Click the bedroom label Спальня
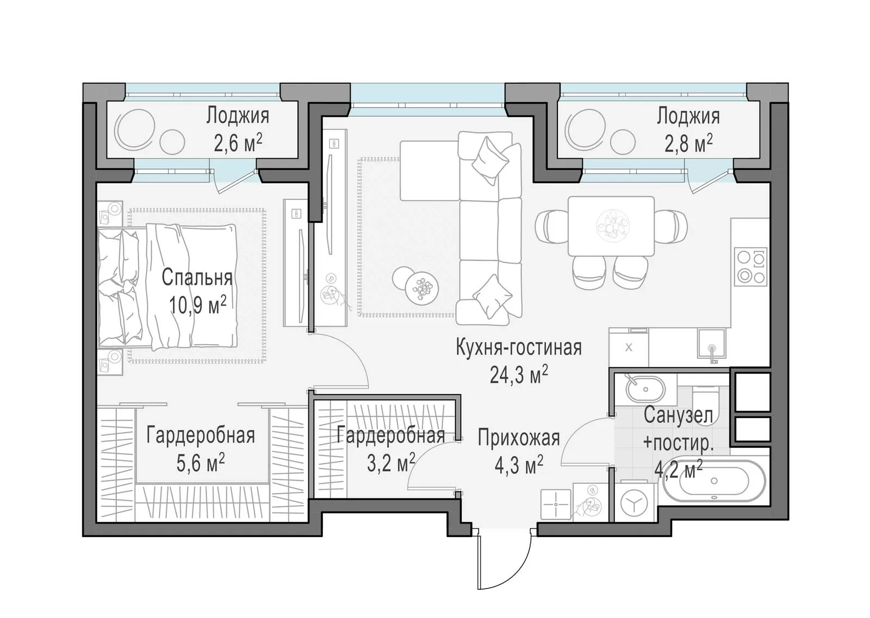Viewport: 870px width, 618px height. tap(197, 278)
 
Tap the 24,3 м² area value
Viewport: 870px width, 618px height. tap(519, 374)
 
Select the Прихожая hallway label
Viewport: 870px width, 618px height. tap(519, 438)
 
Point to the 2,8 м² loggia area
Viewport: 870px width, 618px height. tap(688, 143)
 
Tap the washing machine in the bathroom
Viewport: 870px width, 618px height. tap(634, 502)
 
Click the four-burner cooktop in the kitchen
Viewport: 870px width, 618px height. tap(750, 267)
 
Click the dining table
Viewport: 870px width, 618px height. tap(611, 226)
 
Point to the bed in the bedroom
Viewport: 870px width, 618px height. tap(167, 286)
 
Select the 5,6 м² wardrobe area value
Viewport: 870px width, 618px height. tap(201, 463)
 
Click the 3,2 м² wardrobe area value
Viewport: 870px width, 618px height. tap(391, 462)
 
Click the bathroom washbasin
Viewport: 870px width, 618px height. tap(645, 389)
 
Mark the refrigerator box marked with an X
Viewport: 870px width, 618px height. tap(629, 348)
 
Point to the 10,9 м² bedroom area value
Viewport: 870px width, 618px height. tap(198, 305)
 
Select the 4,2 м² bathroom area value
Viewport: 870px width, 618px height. tap(679, 469)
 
